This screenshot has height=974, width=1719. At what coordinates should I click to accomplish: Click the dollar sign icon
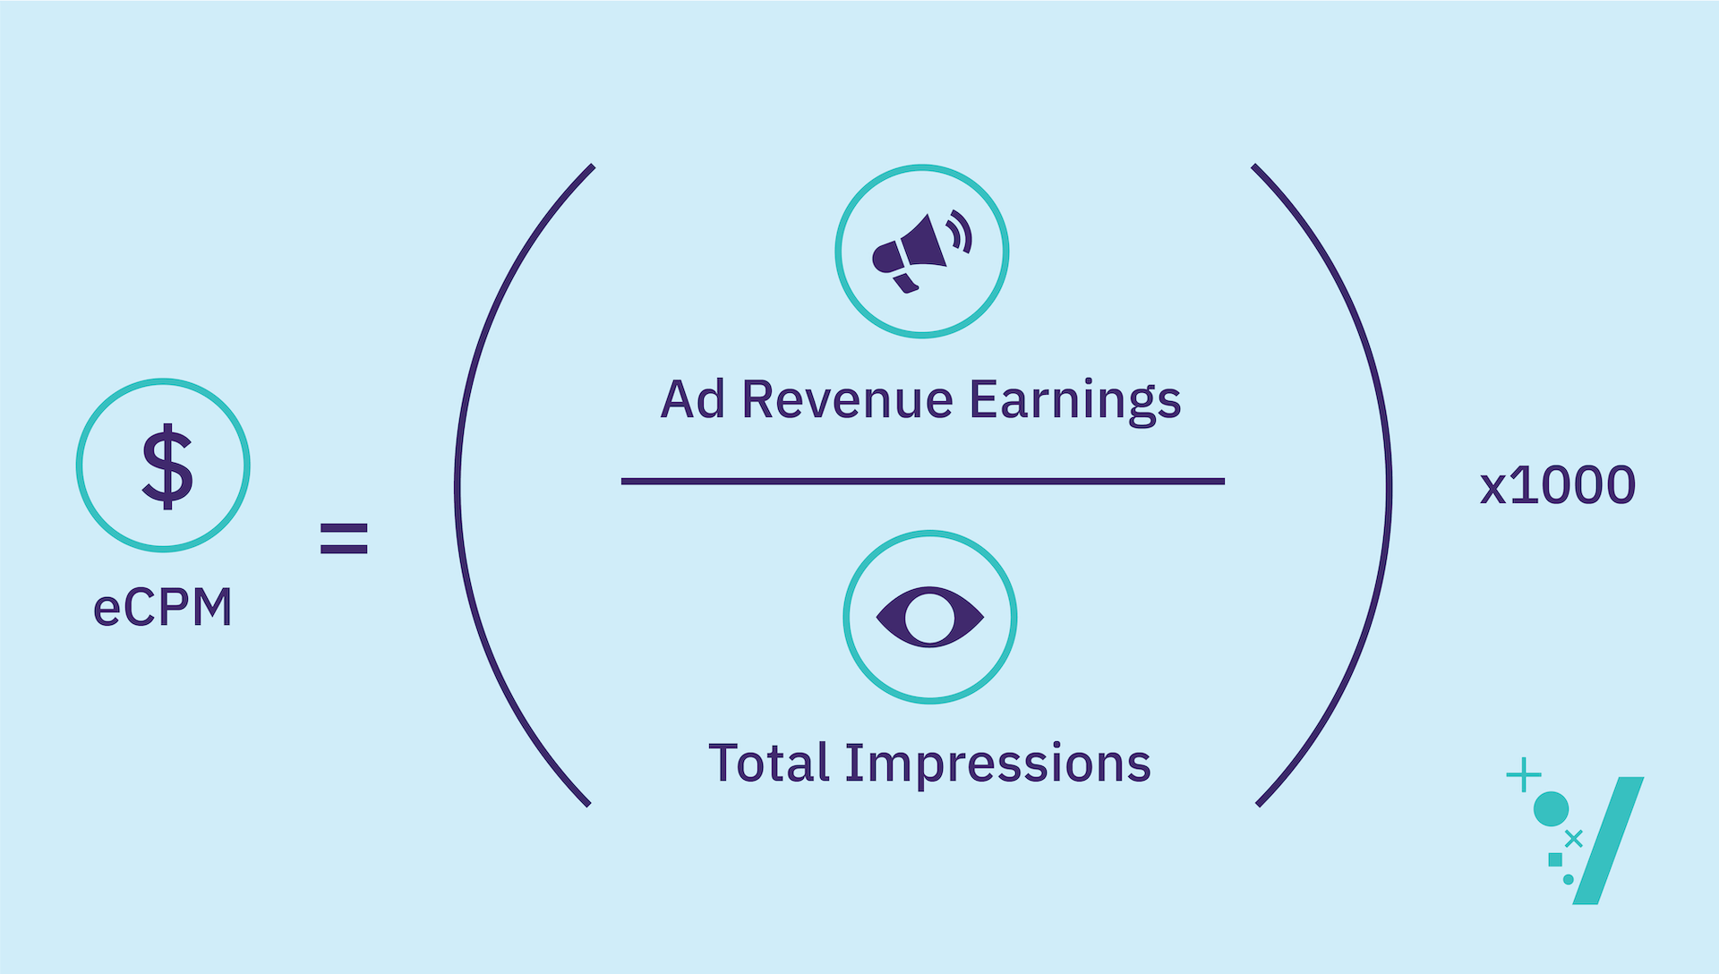point(167,466)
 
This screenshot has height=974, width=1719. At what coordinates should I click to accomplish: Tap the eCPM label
point(163,607)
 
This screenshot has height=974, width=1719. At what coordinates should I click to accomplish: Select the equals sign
point(344,538)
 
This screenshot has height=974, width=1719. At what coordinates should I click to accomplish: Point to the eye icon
point(930,617)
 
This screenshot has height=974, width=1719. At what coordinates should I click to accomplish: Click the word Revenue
point(847,399)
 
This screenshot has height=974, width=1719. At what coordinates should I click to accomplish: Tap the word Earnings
point(1075,401)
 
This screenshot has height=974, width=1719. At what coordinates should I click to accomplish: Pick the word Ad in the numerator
point(693,399)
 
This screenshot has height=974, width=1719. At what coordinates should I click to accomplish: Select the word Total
point(769,763)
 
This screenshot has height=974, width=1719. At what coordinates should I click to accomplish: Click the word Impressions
point(998,764)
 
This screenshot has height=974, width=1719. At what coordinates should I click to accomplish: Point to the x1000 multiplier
point(1558,485)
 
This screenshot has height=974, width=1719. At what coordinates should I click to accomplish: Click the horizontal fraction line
point(923,482)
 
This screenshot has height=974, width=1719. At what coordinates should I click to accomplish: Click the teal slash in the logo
point(1609,840)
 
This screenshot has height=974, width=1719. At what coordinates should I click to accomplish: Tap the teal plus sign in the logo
point(1524,775)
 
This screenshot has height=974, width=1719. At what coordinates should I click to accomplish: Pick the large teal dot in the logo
point(1552,809)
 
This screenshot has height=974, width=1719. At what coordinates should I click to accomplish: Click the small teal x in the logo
point(1574,839)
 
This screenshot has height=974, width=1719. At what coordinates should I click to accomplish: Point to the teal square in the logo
point(1556,860)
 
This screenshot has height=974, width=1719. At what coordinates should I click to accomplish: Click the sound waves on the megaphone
point(959,231)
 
